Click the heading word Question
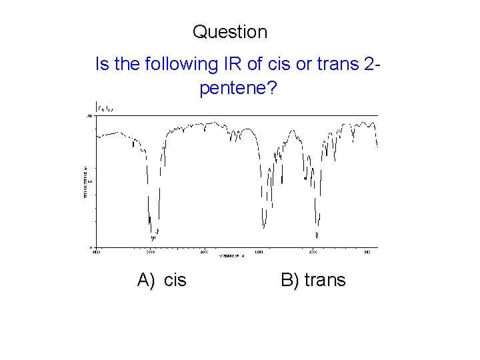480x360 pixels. click(x=230, y=31)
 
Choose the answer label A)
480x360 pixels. click(x=147, y=280)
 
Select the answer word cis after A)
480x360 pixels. click(x=175, y=280)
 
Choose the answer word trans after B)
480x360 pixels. click(x=325, y=280)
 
